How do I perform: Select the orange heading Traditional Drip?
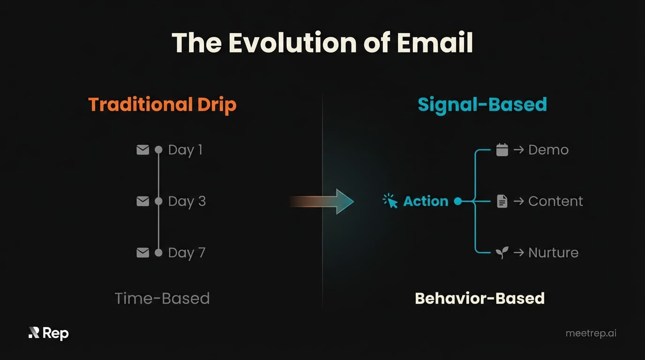pyautogui.click(x=162, y=104)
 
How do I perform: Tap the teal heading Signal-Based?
pyautogui.click(x=482, y=104)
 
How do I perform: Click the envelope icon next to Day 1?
pyautogui.click(x=142, y=150)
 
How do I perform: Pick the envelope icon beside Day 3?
pyautogui.click(x=142, y=201)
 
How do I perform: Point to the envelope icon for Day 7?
pyautogui.click(x=142, y=253)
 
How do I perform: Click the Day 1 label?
pyautogui.click(x=185, y=150)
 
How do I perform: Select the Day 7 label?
pyautogui.click(x=187, y=253)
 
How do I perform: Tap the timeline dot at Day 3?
pyautogui.click(x=159, y=201)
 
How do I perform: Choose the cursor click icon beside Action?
pyautogui.click(x=390, y=201)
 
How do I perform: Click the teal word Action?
pyautogui.click(x=426, y=201)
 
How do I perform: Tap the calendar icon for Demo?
pyautogui.click(x=502, y=150)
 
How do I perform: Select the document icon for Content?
pyautogui.click(x=502, y=202)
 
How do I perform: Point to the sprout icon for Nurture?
pyautogui.click(x=502, y=253)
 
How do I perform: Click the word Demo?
pyautogui.click(x=548, y=150)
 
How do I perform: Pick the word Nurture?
pyautogui.click(x=553, y=253)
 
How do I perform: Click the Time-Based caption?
pyautogui.click(x=162, y=298)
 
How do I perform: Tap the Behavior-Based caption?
pyautogui.click(x=480, y=298)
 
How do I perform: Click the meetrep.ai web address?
pyautogui.click(x=591, y=333)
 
